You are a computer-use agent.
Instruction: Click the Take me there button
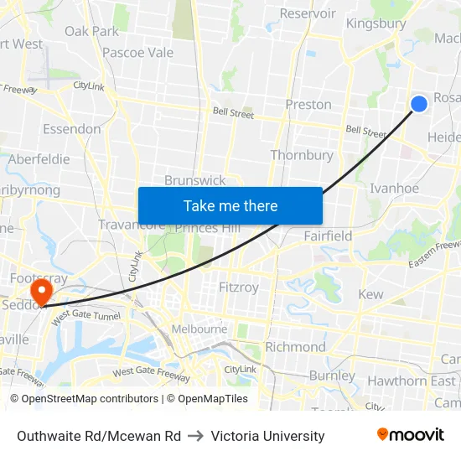pos(230,205)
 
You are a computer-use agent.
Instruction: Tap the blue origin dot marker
pos(419,103)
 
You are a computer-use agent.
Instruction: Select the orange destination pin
pos(40,292)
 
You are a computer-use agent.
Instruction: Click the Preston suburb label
pos(308,105)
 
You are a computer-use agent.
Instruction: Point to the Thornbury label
pos(302,155)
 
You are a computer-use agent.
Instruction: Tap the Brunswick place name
pos(194,180)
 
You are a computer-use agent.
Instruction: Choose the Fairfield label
pos(329,236)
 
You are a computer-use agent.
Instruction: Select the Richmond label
pos(295,347)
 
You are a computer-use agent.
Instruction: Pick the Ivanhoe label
pos(394,189)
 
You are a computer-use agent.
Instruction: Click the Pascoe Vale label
pos(137,53)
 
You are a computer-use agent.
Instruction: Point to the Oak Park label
pos(91,31)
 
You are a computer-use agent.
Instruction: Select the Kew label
pos(370,294)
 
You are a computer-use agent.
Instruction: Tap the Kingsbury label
pos(376,23)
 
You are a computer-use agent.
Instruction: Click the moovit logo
pos(411,435)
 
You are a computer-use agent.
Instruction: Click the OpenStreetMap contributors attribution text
pos(85,399)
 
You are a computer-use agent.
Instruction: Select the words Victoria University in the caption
pos(267,436)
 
